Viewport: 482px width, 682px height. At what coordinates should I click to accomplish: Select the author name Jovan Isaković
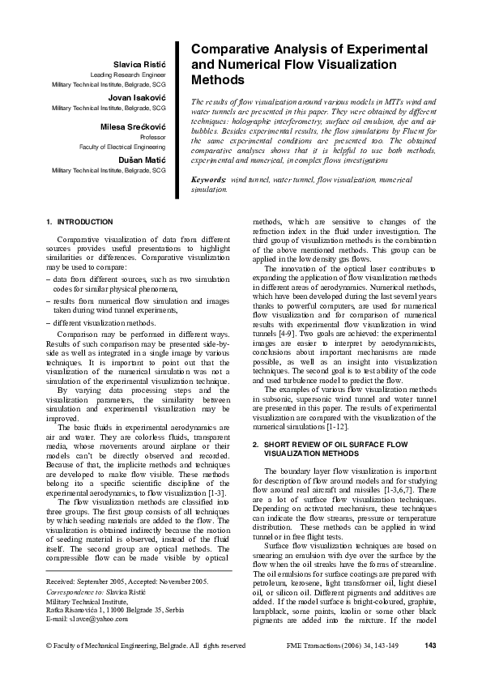click(136, 96)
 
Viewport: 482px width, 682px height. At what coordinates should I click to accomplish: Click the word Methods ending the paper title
click(217, 80)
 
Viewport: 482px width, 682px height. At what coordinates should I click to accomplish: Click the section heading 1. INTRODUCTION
click(80, 221)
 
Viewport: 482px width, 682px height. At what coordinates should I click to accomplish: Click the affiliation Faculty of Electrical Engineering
click(122, 148)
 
